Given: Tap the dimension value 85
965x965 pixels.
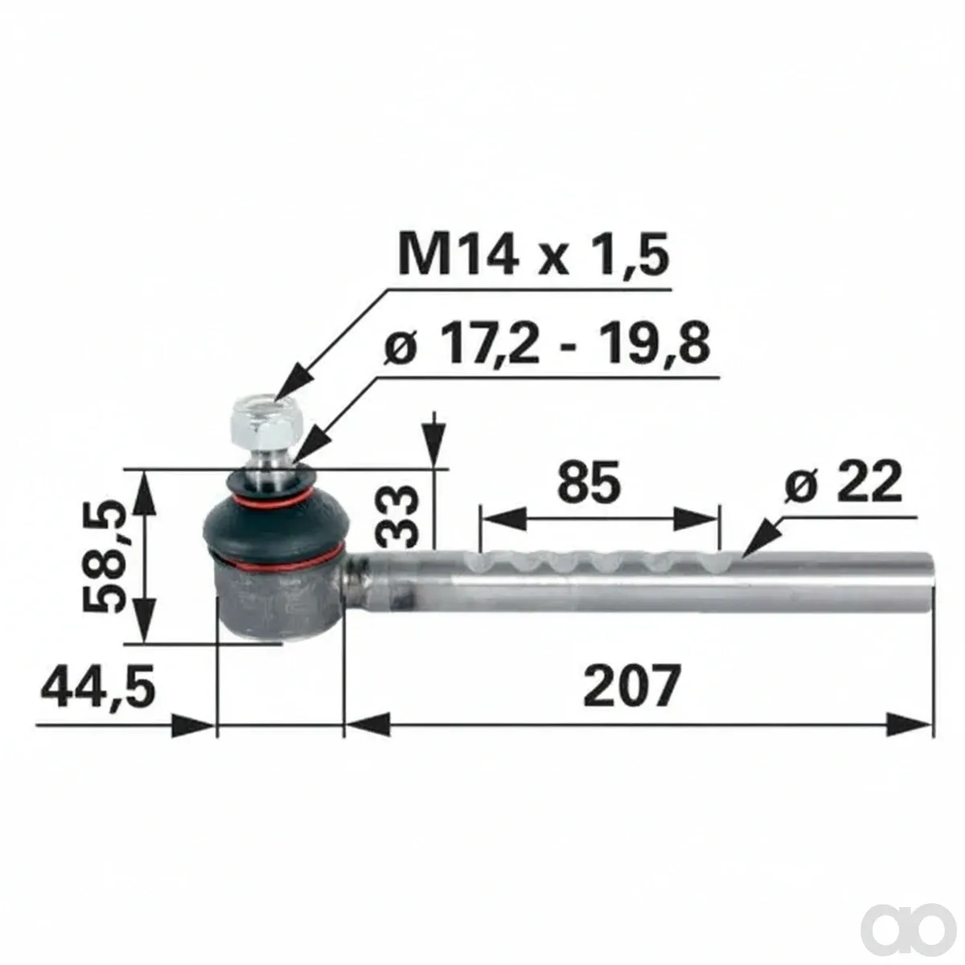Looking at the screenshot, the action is click(589, 484).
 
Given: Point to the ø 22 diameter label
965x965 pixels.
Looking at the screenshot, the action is click(843, 482).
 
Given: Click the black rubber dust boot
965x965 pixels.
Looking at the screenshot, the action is click(274, 519).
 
